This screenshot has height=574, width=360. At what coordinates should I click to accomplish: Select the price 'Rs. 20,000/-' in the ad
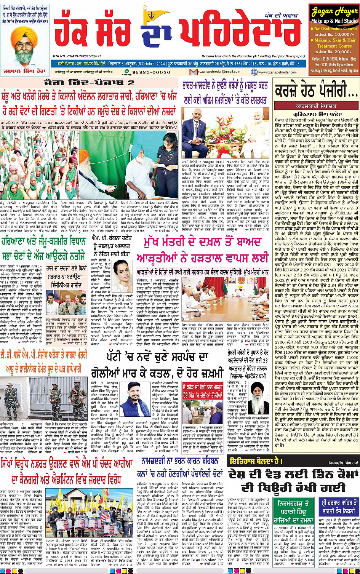(338, 51)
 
